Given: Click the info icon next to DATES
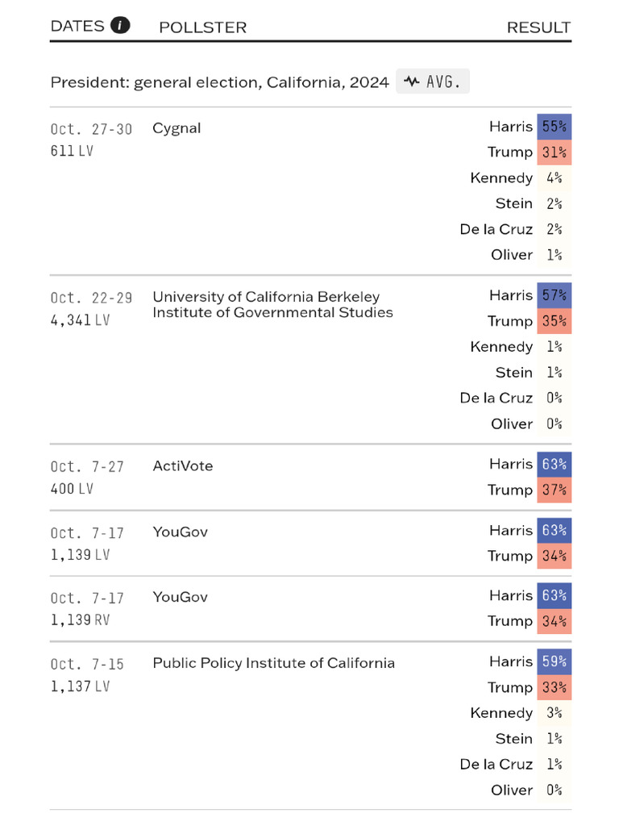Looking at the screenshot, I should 120,25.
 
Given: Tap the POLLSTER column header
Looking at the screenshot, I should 202,27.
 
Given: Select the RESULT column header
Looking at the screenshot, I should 538,27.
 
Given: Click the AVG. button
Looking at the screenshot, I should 433,81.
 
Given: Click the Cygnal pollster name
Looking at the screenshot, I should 177,128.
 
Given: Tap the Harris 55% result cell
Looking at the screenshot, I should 554,127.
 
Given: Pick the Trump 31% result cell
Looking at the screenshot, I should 554,152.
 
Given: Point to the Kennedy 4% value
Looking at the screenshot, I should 554,177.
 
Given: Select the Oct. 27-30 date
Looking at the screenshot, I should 91,129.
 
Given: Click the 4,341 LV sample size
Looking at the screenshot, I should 80,319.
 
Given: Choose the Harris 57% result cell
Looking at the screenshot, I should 554,295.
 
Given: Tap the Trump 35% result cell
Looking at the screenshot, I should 554,321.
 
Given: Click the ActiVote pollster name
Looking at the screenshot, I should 183,466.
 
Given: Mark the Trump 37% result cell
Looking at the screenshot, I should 554,490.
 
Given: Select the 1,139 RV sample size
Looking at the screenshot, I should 80,619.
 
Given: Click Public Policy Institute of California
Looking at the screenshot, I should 273,663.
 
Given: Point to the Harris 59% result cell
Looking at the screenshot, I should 554,661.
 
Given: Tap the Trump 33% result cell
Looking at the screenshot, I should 554,687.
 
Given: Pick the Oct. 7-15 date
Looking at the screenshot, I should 87,664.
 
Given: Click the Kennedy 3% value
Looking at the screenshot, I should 554,713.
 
